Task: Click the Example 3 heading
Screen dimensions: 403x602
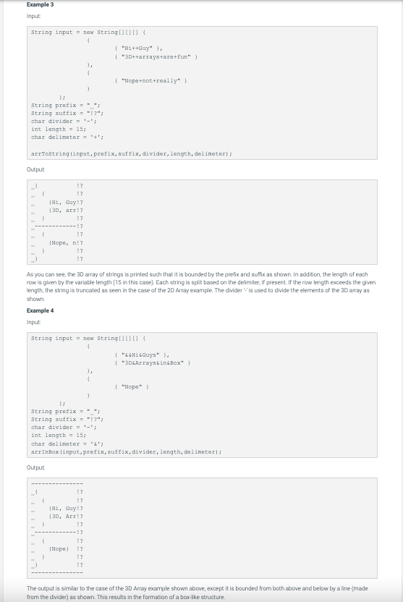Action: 40,5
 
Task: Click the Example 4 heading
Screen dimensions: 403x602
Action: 40,310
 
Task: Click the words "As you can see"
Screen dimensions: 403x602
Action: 45,275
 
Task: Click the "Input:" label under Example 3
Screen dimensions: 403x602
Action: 34,16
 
